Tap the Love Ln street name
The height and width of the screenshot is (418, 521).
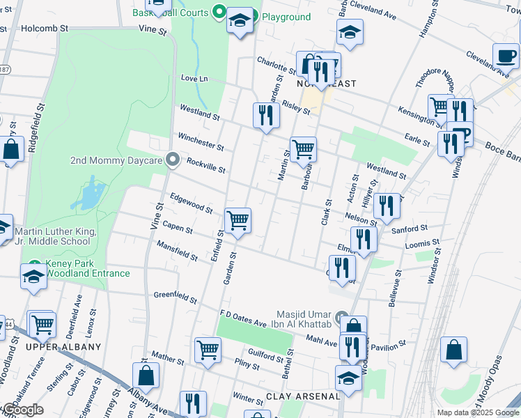pos(194,78)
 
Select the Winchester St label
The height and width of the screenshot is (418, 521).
pos(201,141)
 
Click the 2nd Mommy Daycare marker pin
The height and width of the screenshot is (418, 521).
pos(172,160)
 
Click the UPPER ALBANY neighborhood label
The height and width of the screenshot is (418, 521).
pos(63,346)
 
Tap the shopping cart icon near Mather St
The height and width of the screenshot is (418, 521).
pos(208,349)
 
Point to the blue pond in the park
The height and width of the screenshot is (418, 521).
pos(87,195)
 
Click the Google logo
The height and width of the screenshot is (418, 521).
pos(23,410)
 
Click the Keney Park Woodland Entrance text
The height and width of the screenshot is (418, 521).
pos(87,268)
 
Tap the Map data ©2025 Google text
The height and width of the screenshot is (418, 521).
pos(478,412)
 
